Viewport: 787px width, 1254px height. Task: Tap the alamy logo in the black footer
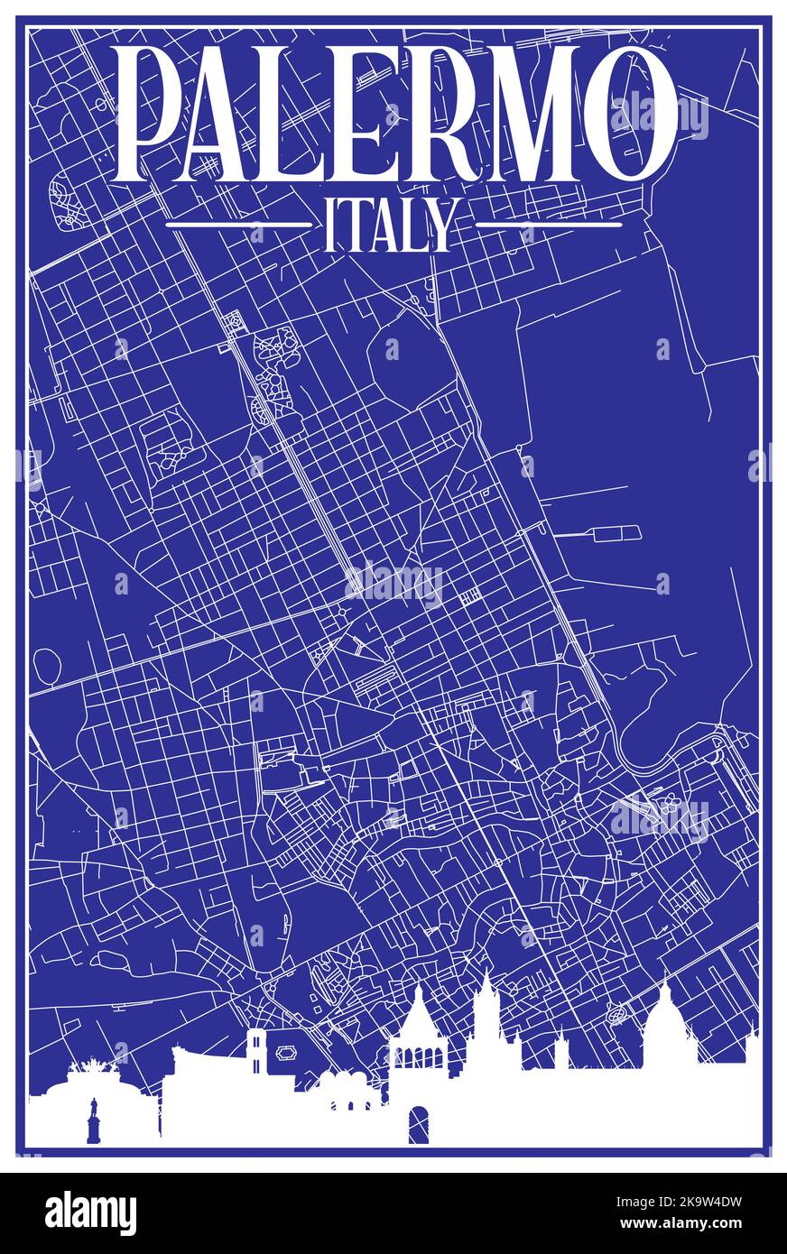(x=91, y=1213)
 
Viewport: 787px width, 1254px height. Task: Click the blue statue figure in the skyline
(x=93, y=1120)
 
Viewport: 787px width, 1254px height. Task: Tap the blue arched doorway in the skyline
(x=419, y=1124)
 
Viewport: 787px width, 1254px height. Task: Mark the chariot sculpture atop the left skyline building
(x=88, y=1071)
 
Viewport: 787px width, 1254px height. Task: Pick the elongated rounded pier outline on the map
(x=616, y=533)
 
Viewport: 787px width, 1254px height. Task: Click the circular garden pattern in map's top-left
(x=65, y=201)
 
